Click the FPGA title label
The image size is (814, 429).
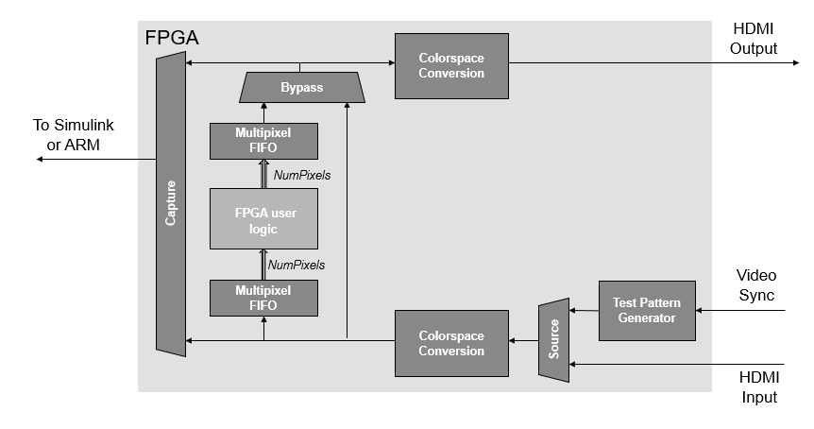[171, 39]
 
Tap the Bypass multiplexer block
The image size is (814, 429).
[301, 88]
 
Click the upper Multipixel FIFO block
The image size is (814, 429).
[263, 141]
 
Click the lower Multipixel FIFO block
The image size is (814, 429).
[263, 298]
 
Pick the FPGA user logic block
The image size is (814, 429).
[263, 219]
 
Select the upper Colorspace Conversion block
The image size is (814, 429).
[451, 65]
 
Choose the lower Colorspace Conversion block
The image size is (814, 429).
[451, 343]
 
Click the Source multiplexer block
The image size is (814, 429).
[554, 340]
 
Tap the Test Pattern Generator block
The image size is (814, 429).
[647, 311]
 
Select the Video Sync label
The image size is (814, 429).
[755, 284]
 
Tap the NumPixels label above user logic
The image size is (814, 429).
[301, 175]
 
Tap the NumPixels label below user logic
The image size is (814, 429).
[297, 265]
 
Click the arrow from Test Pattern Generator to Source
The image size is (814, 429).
[585, 311]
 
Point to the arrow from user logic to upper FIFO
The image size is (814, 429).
[263, 174]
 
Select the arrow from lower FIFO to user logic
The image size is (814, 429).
[263, 264]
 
